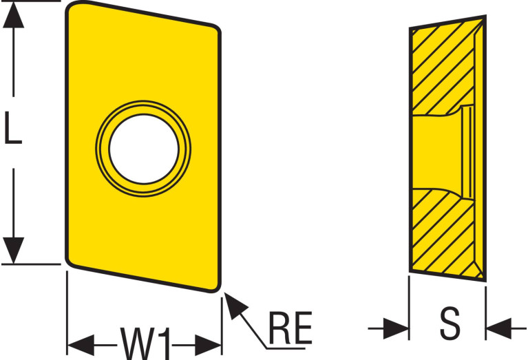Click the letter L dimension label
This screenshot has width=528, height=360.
pyautogui.click(x=13, y=128)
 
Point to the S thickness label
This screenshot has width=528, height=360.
pyautogui.click(x=449, y=325)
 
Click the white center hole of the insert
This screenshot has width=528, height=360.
pyautogui.click(x=144, y=150)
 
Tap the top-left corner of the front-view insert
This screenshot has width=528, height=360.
pyautogui.click(x=71, y=8)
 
